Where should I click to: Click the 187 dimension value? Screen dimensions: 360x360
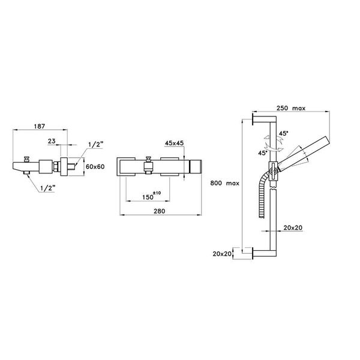coord(40,127)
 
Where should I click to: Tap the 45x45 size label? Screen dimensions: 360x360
coord(175,143)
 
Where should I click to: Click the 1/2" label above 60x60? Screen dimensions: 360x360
coord(95,145)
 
